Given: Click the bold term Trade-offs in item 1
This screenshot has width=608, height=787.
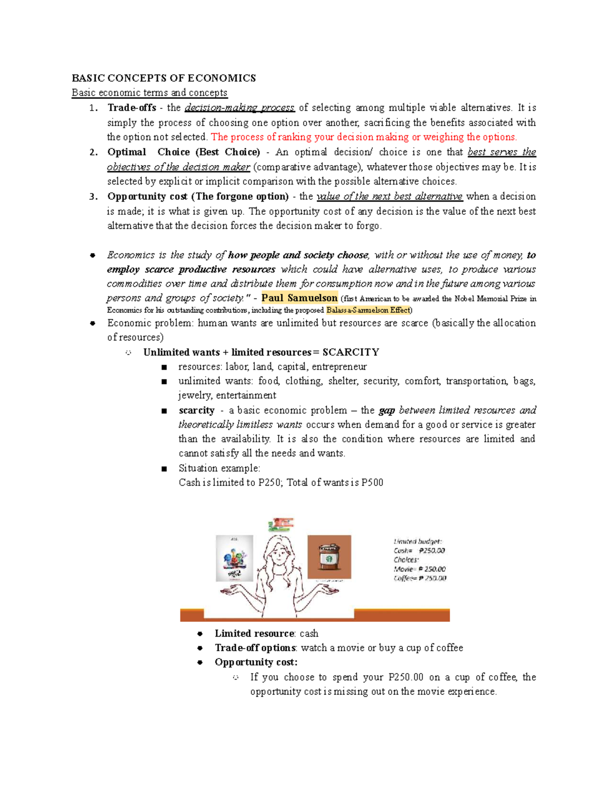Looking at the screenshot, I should point(132,107).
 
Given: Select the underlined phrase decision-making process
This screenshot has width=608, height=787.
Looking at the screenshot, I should point(240,107).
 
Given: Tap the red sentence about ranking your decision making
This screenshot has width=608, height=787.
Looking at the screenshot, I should point(364,137).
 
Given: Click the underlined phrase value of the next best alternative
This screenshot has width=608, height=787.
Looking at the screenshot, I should point(389,196).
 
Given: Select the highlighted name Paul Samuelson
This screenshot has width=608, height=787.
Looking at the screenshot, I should point(299,298).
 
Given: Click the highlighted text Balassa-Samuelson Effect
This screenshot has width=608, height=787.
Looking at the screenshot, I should point(368,310).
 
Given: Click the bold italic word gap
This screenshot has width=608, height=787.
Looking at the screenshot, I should point(387,410).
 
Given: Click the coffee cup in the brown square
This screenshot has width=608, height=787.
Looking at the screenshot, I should point(329,557).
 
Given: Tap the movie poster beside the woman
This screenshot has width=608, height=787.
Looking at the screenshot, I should point(235,558).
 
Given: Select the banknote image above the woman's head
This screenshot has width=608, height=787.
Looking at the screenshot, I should point(281,524).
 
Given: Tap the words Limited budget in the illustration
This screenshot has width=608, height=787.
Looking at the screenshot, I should point(417,541).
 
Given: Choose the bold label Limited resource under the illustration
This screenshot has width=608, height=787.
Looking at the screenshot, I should point(254,633).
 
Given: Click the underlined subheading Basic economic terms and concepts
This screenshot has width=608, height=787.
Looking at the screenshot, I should point(149,93).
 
